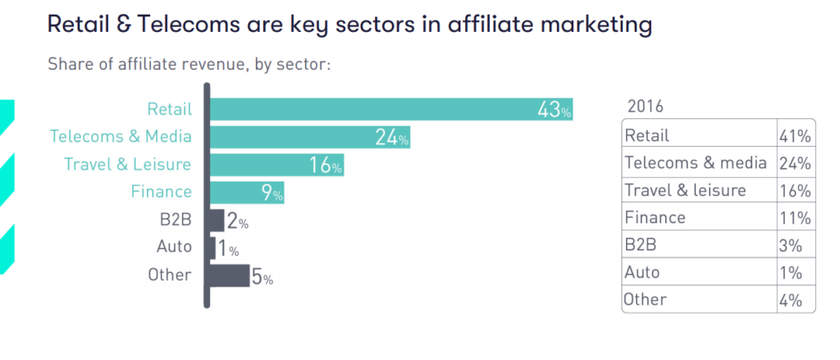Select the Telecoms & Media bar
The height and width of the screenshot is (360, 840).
click(311, 137)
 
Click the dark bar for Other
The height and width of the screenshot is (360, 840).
click(231, 276)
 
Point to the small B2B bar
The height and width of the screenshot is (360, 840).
click(217, 221)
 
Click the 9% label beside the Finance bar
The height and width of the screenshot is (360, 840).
click(272, 194)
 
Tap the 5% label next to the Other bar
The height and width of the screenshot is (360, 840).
click(262, 277)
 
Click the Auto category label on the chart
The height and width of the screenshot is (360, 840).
click(174, 246)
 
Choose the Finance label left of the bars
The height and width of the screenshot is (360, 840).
click(161, 192)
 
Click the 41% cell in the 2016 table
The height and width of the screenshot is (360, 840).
click(795, 135)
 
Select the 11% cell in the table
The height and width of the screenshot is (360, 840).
click(795, 218)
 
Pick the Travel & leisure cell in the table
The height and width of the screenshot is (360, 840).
click(686, 190)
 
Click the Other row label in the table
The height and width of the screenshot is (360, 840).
click(646, 299)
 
